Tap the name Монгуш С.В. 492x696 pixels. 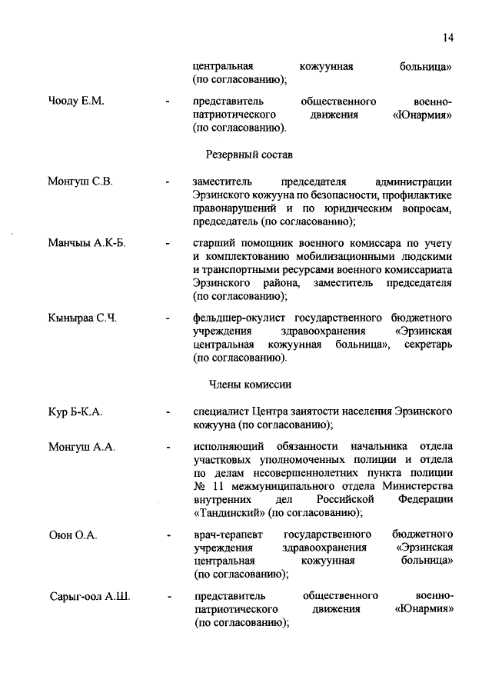[80, 181]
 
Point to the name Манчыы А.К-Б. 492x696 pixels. [86, 243]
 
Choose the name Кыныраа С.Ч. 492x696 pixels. [82, 318]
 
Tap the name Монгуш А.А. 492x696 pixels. [81, 448]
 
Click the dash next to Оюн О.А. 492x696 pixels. [168, 535]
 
